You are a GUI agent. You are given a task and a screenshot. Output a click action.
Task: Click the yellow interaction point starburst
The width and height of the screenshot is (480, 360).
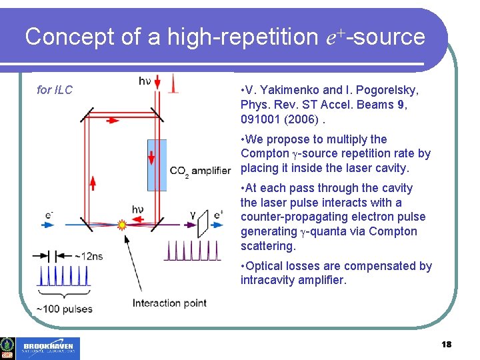tap(122, 225)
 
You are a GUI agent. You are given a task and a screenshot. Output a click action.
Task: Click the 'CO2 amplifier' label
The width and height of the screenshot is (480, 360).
tap(200, 171)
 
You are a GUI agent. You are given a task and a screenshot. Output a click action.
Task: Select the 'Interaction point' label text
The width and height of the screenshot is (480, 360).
tap(169, 303)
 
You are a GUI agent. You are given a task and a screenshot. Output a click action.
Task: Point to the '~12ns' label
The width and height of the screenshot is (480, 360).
tap(88, 255)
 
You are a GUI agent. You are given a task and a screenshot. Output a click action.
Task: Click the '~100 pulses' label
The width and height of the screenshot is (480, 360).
tap(64, 309)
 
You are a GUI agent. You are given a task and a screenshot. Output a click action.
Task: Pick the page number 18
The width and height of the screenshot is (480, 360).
tap(447, 345)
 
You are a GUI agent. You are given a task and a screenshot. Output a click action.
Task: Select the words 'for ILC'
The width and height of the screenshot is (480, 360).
tap(55, 90)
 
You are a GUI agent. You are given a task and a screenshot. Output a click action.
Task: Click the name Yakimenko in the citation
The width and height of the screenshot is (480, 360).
tap(279, 90)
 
